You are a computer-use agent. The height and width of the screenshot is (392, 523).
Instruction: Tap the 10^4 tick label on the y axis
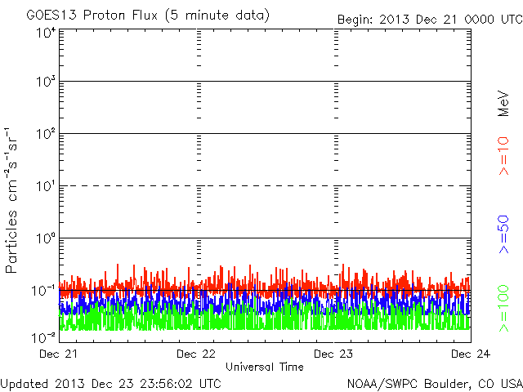click(46, 33)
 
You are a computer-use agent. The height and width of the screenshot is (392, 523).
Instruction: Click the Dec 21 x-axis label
click(59, 354)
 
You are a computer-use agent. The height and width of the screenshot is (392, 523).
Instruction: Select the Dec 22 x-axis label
click(197, 354)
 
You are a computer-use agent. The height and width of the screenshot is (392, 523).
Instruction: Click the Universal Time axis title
click(265, 367)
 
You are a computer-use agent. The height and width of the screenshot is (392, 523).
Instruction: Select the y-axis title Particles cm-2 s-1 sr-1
click(13, 200)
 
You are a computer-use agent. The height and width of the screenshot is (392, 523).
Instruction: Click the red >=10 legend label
click(504, 156)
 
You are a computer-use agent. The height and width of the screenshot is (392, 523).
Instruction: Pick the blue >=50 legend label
click(504, 235)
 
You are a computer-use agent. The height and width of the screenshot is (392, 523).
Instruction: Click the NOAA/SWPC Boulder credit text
click(434, 383)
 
